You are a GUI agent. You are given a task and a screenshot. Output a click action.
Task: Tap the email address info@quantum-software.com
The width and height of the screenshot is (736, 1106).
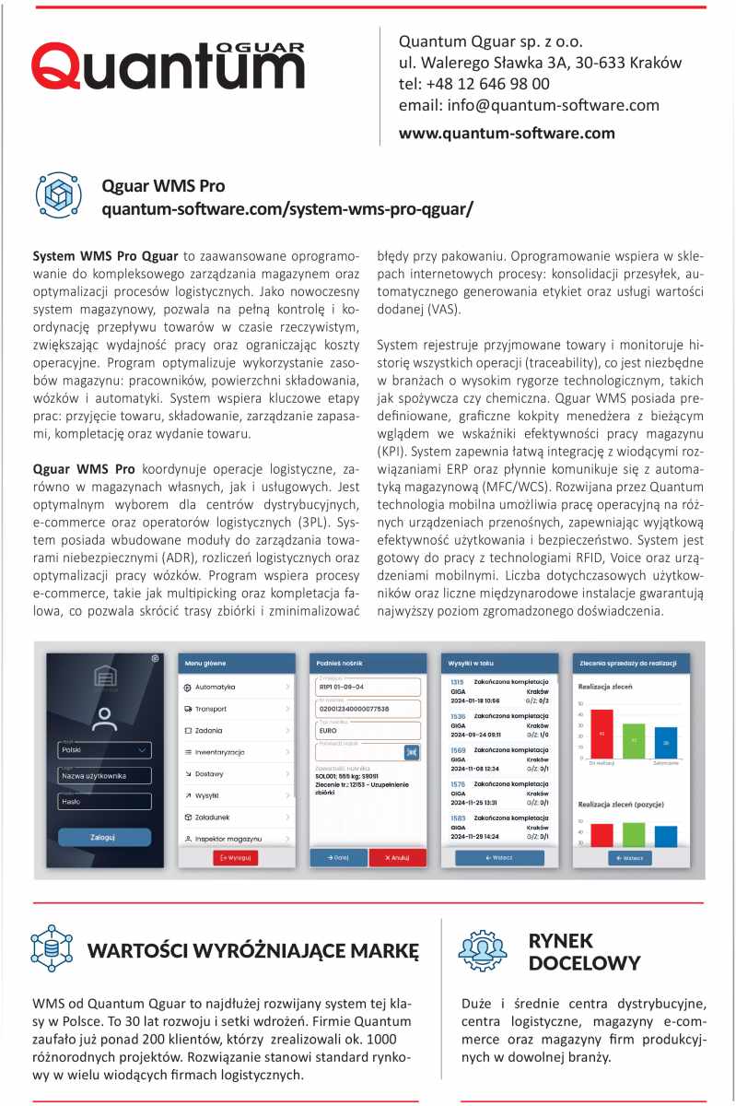click(529, 105)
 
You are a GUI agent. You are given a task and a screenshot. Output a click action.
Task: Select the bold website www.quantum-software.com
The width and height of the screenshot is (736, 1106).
click(507, 133)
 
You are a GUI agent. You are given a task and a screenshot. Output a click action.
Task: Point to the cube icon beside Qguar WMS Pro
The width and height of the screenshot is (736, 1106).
click(58, 194)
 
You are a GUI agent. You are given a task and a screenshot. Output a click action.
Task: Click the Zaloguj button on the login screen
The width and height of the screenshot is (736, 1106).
click(104, 837)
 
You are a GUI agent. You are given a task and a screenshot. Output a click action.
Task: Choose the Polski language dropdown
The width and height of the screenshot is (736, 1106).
click(104, 750)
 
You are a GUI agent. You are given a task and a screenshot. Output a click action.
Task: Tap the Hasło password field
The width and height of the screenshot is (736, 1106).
click(104, 802)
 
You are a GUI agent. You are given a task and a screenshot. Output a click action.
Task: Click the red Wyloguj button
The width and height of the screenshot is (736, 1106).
click(235, 857)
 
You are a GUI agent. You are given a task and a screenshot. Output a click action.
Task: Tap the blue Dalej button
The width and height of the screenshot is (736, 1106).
click(338, 857)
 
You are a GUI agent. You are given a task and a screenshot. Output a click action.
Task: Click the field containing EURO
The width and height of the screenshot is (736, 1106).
click(367, 729)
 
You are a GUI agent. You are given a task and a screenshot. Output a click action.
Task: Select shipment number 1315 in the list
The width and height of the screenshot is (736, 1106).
click(457, 682)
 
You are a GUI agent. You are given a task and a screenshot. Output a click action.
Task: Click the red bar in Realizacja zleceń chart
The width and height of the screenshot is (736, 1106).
click(602, 734)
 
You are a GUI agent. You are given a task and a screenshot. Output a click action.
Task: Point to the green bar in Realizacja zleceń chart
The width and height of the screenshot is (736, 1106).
click(634, 741)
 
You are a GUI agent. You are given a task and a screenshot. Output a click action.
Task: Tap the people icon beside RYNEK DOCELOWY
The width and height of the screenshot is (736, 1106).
click(483, 951)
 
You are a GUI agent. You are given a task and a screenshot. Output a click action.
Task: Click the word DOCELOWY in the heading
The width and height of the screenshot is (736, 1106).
click(584, 964)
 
